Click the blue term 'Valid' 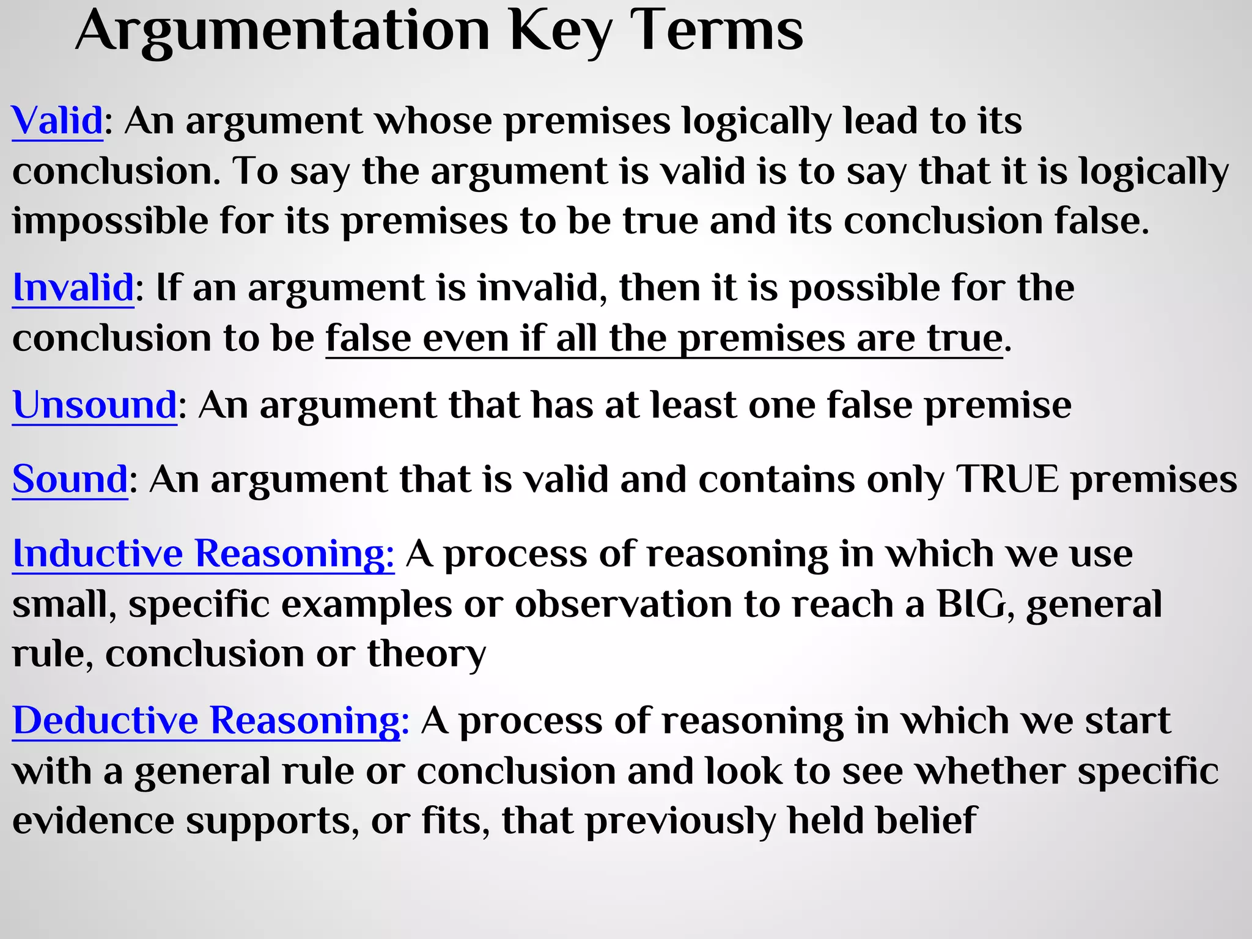57,120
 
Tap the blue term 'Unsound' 95,405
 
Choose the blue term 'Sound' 70,479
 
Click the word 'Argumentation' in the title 282,32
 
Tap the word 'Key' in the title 560,32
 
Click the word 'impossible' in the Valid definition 110,221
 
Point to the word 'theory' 426,654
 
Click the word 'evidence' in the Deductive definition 93,820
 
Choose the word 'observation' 623,604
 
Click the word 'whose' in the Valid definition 433,120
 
